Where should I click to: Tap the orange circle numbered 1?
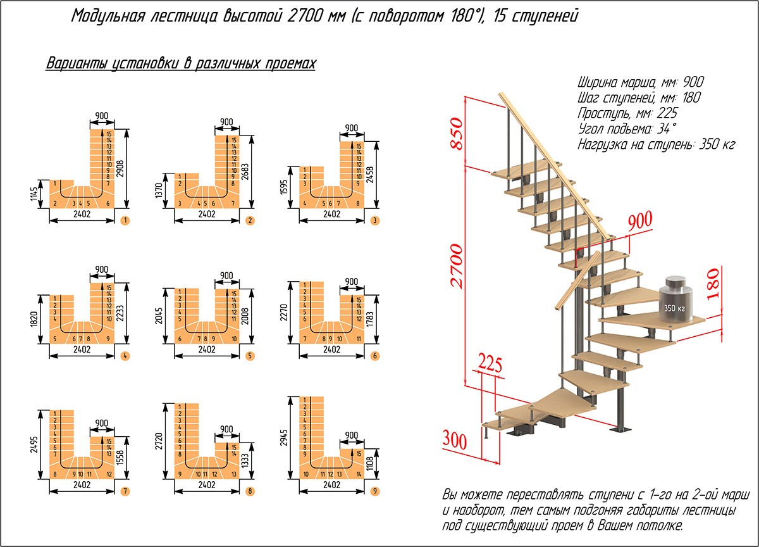pyautogui.click(x=125, y=221)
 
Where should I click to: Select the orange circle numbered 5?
pyautogui.click(x=250, y=356)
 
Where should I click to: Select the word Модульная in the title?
pyautogui.click(x=107, y=16)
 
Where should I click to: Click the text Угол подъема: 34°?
pyautogui.click(x=622, y=129)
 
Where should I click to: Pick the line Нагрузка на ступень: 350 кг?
pyautogui.click(x=656, y=144)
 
